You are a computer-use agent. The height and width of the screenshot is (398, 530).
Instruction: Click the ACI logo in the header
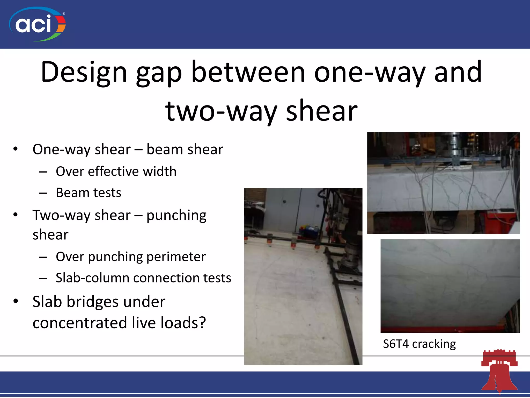pos(37,24)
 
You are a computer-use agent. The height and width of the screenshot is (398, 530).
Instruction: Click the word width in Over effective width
pos(159,172)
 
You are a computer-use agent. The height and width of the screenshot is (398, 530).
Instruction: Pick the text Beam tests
pos(89,193)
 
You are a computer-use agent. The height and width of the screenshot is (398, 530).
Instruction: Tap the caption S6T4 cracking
pos(419,344)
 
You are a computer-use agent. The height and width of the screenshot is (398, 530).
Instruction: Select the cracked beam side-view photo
pos(443,183)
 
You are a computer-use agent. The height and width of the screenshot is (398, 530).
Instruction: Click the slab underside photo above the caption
pos(450,286)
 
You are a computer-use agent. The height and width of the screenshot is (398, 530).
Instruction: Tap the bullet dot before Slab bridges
pos(16,301)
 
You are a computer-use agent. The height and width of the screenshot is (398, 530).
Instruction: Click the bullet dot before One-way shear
pos(16,149)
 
